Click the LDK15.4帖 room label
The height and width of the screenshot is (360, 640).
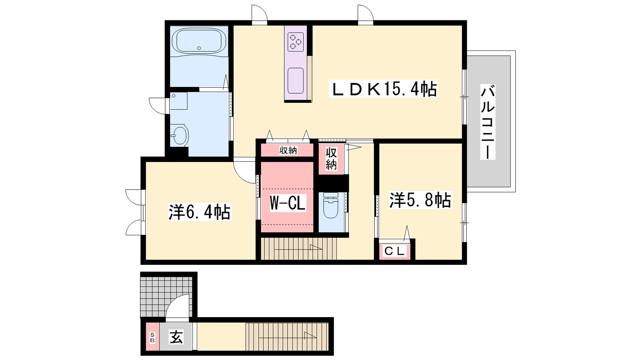383,90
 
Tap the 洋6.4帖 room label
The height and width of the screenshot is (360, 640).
200,212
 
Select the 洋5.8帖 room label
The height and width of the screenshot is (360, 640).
420,200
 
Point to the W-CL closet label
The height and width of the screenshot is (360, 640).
288,203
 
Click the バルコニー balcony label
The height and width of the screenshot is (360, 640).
488,122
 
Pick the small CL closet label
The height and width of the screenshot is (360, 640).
394,251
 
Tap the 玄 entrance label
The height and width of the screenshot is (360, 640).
176,337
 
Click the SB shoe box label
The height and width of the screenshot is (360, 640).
152,338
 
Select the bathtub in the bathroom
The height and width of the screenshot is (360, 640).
201,41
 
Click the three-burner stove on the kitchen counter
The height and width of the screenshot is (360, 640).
296,42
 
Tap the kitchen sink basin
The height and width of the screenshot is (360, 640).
296,80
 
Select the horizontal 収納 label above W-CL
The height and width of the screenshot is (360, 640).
288,150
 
